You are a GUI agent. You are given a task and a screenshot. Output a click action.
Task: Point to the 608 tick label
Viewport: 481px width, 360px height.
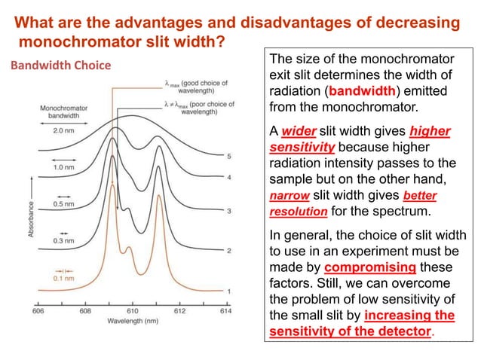coord(85,310)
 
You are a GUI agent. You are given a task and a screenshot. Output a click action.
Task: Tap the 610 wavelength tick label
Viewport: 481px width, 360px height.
coord(133,310)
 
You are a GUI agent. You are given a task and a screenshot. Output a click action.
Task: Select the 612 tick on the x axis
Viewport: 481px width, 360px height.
coord(179,310)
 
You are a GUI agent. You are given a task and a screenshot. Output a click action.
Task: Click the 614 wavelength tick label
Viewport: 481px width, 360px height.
coord(225,310)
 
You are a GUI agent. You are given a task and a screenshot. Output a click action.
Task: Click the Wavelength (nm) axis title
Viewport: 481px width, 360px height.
coord(132,319)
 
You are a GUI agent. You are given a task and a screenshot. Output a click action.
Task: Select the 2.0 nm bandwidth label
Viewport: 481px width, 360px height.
coord(63,130)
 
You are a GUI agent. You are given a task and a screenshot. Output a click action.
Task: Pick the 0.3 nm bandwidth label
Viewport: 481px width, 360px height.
coord(63,241)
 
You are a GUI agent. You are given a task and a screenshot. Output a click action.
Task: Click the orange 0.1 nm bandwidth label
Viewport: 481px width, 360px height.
coord(63,276)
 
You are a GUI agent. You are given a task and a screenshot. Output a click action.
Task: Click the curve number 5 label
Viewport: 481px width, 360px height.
coord(229,156)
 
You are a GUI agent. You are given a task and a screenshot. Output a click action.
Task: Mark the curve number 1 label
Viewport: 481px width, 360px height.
coord(229,291)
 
